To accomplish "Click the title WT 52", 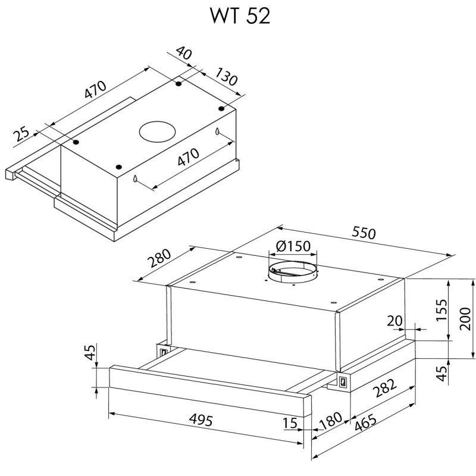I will pos(240,16).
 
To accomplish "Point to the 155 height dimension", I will pos(441,310).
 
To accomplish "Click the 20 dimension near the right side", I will pos(394,321).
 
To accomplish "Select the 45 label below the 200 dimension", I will pos(441,372).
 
